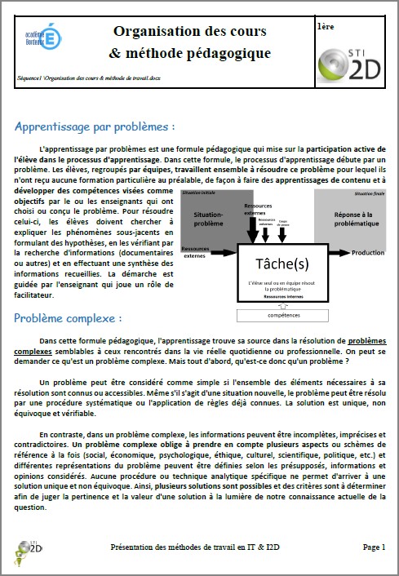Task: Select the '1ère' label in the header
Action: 325,26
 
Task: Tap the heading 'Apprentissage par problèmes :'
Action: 95,127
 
